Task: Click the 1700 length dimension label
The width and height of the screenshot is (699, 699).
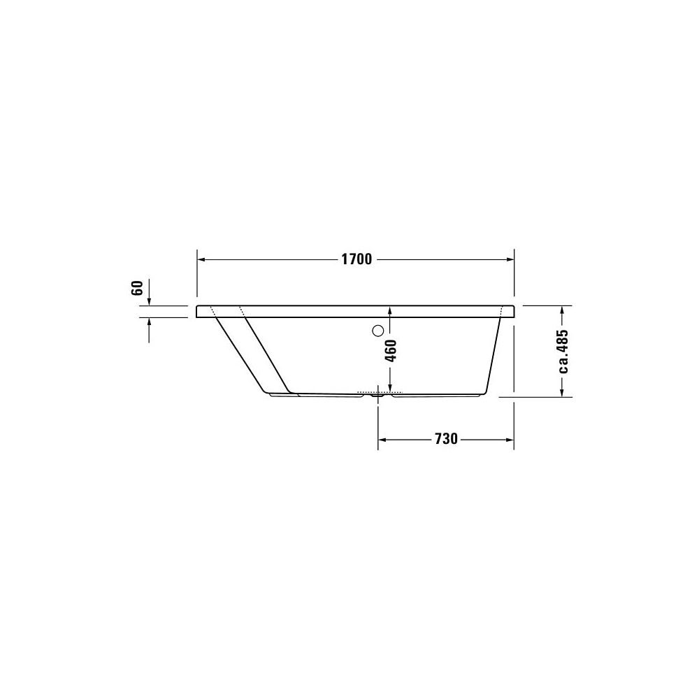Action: (356, 259)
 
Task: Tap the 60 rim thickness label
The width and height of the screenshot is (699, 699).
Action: (137, 288)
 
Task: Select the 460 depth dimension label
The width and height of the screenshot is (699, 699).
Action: (390, 351)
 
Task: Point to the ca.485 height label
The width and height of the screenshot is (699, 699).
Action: (563, 352)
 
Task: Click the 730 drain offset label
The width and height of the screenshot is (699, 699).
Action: (446, 439)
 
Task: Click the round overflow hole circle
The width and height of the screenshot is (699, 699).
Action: (377, 331)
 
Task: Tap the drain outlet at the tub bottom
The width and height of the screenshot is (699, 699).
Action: (378, 394)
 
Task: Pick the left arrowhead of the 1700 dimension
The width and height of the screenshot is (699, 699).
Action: (201, 259)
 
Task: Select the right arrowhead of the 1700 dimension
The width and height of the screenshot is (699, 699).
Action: (510, 259)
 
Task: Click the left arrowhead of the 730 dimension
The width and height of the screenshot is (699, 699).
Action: (382, 440)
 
